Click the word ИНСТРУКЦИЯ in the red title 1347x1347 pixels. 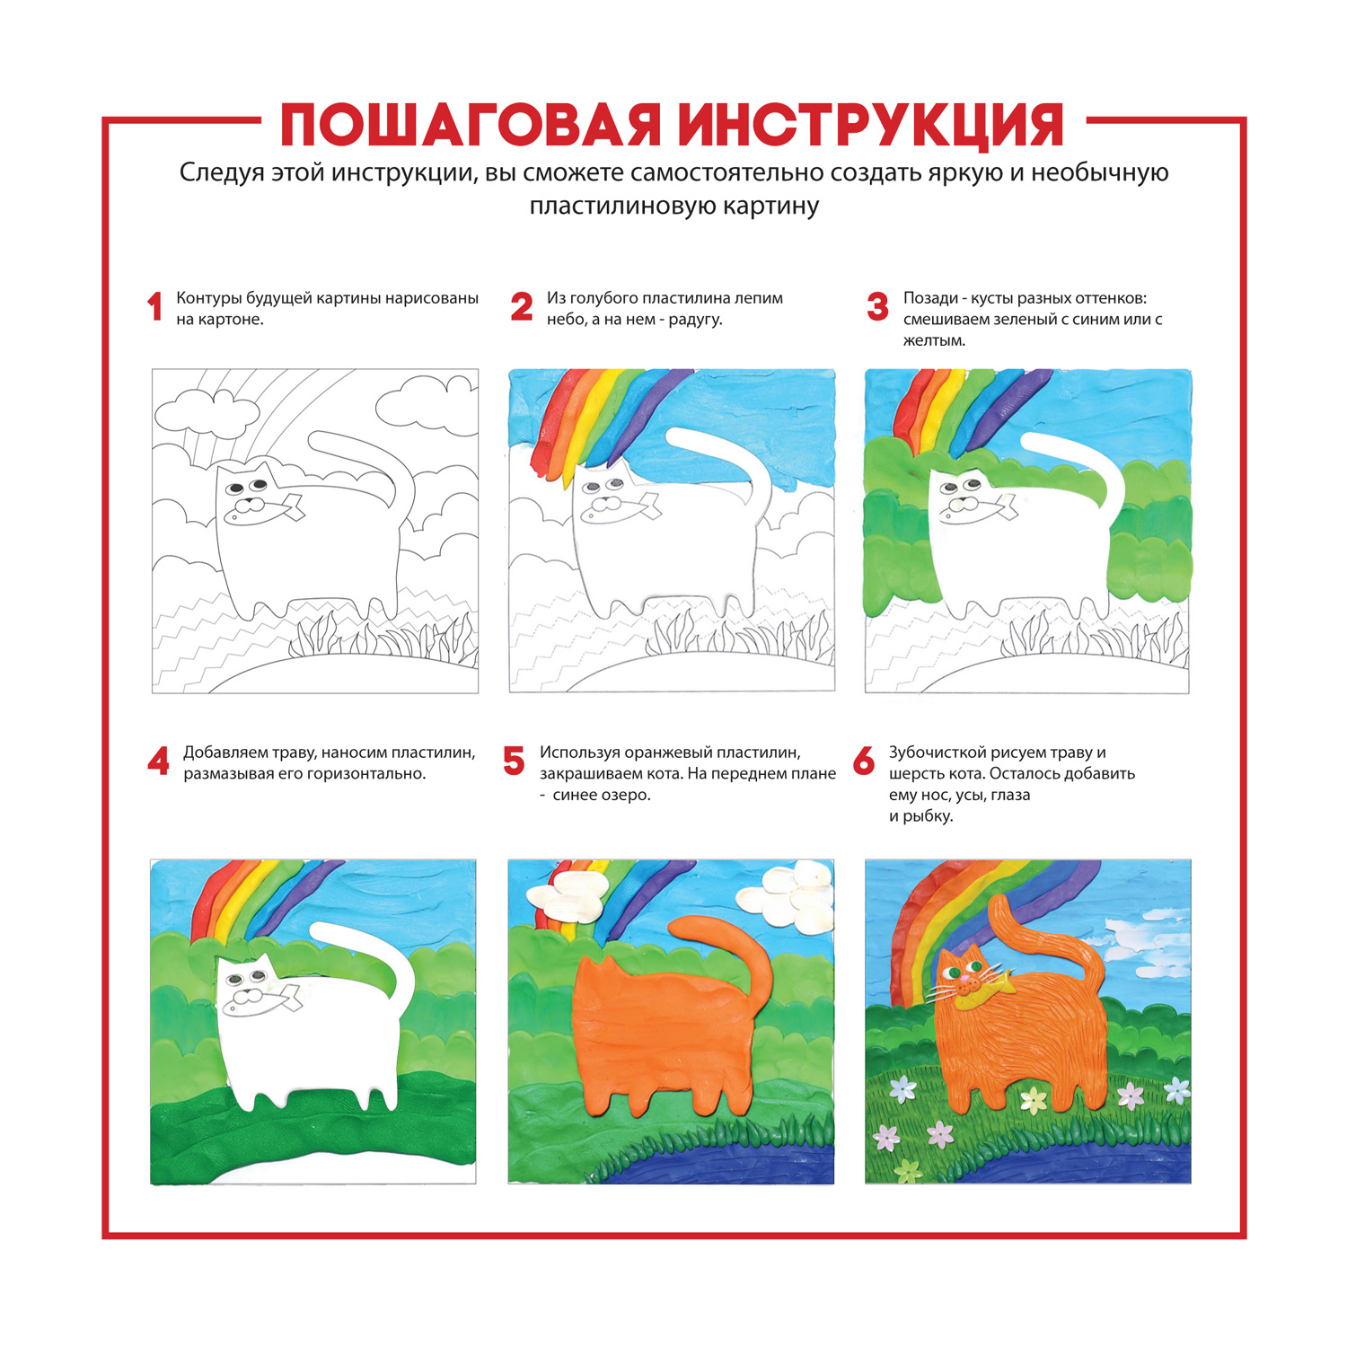pyautogui.click(x=869, y=125)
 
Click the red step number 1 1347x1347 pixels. pyautogui.click(x=154, y=307)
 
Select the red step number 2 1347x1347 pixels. pyautogui.click(x=521, y=307)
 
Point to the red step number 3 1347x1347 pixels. pyautogui.click(x=877, y=307)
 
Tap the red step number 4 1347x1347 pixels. pyautogui.click(x=158, y=762)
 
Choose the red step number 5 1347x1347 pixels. pyautogui.click(x=514, y=762)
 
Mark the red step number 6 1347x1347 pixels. pyautogui.click(x=864, y=762)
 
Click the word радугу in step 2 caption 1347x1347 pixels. pyautogui.click(x=695, y=320)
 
